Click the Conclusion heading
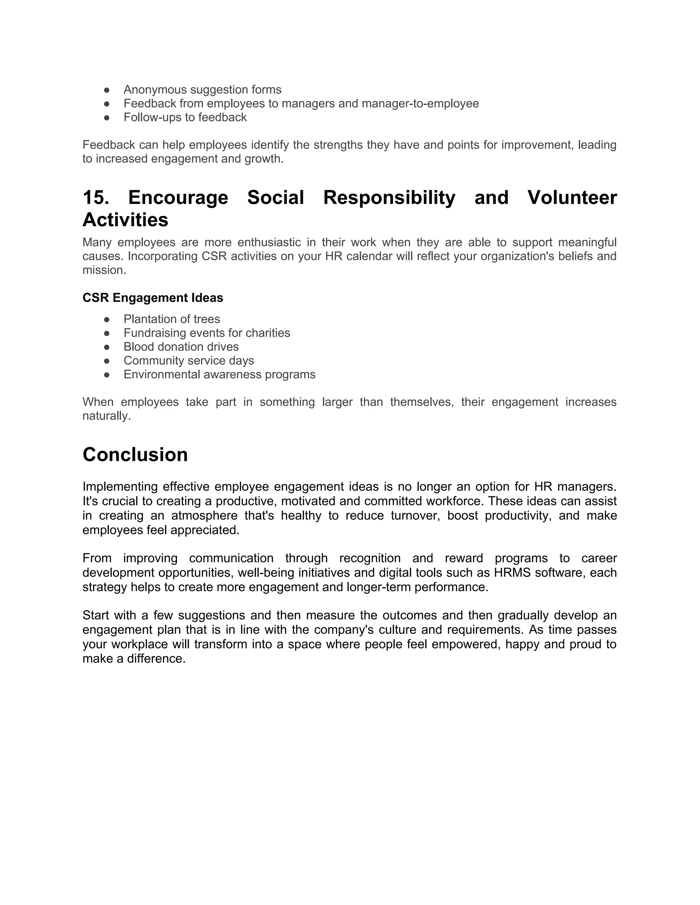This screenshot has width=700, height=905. [x=135, y=455]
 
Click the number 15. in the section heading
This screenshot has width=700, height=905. [x=96, y=197]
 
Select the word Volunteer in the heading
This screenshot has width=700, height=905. [x=572, y=197]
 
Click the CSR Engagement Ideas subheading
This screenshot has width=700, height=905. [x=152, y=297]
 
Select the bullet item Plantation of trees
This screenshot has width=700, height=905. [x=172, y=319]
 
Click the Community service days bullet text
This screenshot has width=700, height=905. [x=189, y=361]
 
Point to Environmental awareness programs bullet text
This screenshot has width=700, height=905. [x=219, y=374]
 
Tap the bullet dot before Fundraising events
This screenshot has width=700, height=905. [x=107, y=333]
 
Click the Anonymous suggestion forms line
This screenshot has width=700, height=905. [x=202, y=89]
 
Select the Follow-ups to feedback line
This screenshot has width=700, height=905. [x=185, y=117]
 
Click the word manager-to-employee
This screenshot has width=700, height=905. [x=420, y=103]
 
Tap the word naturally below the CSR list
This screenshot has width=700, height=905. [x=106, y=416]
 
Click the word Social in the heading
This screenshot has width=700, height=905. [x=275, y=197]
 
